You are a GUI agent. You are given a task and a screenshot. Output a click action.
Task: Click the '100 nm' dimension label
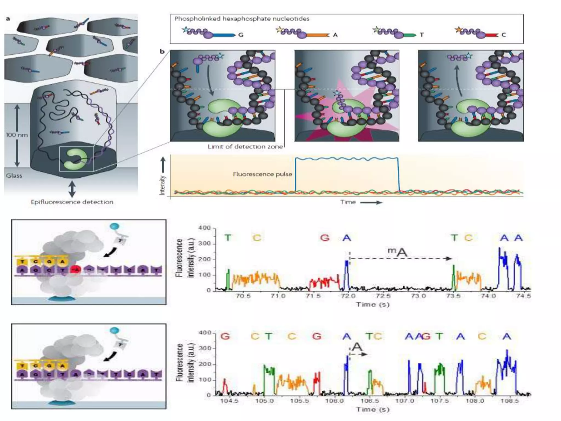click(x=17, y=135)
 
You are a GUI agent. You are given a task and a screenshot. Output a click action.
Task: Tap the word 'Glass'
click(x=14, y=176)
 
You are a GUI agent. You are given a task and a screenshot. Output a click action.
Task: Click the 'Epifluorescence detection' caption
click(x=72, y=202)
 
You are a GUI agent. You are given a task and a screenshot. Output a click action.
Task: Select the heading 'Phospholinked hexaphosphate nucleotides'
click(x=242, y=19)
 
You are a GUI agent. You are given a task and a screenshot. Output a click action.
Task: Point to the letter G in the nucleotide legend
click(x=241, y=35)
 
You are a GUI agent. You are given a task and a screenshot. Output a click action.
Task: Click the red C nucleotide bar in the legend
click(x=492, y=35)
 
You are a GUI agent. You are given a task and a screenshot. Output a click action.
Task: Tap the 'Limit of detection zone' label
click(x=245, y=147)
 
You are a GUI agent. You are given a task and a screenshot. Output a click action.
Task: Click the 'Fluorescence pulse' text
click(x=262, y=174)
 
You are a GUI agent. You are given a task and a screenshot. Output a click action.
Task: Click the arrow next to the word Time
click(x=371, y=203)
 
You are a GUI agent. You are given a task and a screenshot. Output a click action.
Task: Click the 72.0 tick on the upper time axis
click(x=348, y=296)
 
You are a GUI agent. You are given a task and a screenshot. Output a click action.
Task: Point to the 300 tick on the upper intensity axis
click(x=205, y=244)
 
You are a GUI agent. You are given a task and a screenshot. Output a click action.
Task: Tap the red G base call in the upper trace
click(x=325, y=237)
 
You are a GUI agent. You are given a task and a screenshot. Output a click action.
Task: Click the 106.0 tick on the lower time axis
click(x=334, y=401)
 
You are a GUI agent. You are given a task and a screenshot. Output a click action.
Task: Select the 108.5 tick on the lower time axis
click(x=510, y=401)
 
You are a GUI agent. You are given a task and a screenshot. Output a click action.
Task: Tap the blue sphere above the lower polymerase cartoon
click(x=115, y=331)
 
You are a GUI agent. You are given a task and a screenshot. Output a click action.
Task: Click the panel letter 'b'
click(x=162, y=51)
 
